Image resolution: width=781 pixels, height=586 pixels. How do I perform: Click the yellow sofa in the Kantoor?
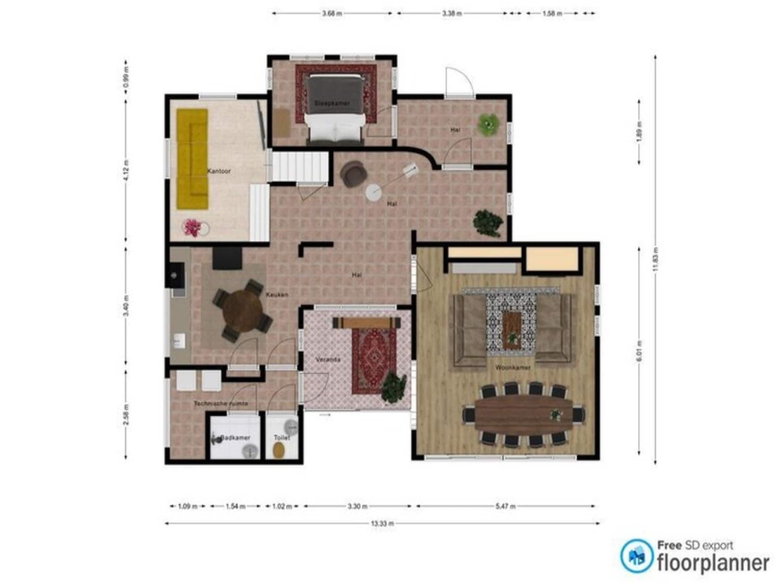tap(192, 159)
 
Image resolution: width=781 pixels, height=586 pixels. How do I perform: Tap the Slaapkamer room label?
tap(332, 103)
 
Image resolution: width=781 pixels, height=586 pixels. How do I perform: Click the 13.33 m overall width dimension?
tap(382, 523)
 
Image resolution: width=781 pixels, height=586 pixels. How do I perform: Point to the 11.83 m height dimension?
tap(655, 259)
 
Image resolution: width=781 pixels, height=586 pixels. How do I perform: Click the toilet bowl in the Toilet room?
tap(280, 451)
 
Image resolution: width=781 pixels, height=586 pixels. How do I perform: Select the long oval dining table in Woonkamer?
tap(523, 414)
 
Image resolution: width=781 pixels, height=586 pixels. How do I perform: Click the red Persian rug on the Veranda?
tap(374, 361)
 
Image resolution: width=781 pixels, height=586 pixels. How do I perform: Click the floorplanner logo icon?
tap(636, 555)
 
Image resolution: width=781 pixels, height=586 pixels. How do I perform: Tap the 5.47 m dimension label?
tap(505, 506)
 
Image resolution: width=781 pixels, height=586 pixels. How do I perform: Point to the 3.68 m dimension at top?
tap(332, 13)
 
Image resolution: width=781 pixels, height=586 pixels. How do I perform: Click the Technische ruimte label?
tap(221, 403)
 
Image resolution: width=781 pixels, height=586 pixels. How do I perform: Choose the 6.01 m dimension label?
tap(639, 351)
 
